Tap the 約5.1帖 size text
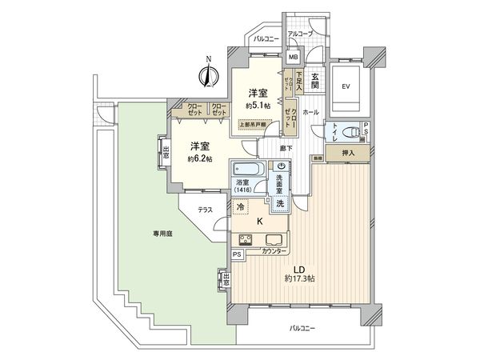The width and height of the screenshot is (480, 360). pyautogui.click(x=256, y=105)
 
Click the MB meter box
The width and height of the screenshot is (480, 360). pyautogui.click(x=293, y=57)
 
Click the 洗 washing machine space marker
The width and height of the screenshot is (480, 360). pyautogui.click(x=280, y=203)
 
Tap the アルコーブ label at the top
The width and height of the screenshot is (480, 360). pyautogui.click(x=300, y=34)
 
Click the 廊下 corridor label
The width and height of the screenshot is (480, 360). pyautogui.click(x=286, y=149)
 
